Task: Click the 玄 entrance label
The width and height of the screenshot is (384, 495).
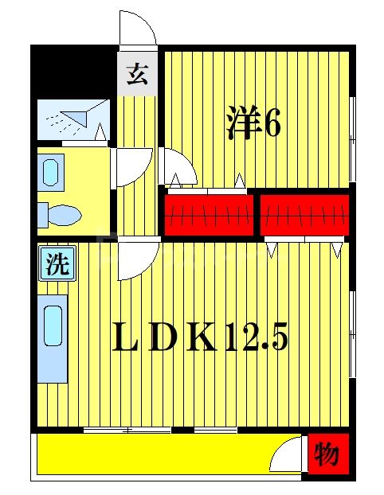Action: tap(136, 76)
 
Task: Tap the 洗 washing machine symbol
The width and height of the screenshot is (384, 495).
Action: tap(56, 264)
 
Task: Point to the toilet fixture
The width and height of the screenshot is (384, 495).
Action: tap(59, 214)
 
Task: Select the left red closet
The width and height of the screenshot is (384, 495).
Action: tap(209, 214)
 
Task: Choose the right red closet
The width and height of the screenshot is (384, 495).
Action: tap(305, 214)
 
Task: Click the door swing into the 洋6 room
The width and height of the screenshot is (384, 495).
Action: tap(177, 168)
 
